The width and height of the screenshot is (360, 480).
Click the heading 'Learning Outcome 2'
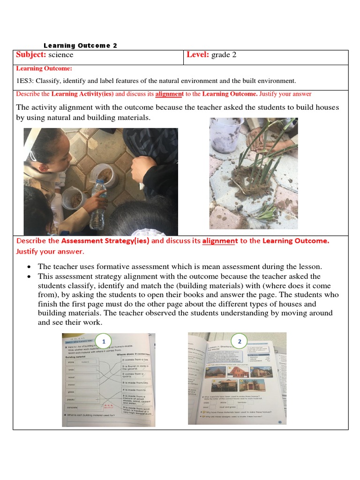click(80, 45)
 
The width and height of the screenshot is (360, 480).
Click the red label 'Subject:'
click(31, 55)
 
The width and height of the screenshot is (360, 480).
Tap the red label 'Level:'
click(198, 55)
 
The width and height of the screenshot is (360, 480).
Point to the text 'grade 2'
click(224, 55)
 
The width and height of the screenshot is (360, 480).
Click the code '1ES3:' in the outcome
click(24, 81)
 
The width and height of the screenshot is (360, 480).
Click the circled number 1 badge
click(104, 340)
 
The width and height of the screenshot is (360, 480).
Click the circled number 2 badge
click(239, 341)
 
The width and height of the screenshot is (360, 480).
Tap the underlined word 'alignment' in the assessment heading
click(220, 241)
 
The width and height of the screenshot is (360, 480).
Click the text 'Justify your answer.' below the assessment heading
click(50, 252)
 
